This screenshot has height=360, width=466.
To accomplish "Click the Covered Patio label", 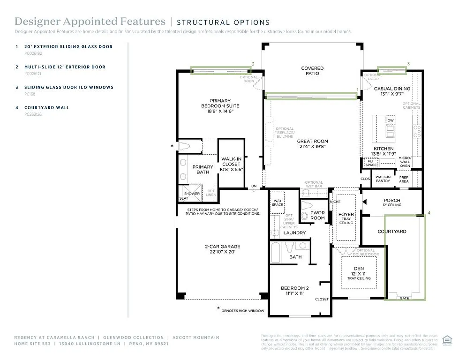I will click(x=312, y=71).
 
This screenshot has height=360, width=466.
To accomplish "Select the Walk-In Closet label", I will click(x=231, y=162).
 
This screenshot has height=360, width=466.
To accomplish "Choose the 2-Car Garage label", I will click(x=222, y=249).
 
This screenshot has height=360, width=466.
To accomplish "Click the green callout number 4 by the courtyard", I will click(x=428, y=213).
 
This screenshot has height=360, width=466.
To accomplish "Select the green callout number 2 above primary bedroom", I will click(x=253, y=64).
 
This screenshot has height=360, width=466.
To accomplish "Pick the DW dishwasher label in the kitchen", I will click(x=390, y=120).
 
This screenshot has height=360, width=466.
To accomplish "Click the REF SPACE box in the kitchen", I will click(x=371, y=163).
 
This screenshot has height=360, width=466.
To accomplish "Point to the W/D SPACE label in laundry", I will click(x=278, y=203).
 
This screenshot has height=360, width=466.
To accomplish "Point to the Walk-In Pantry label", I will click(x=383, y=179).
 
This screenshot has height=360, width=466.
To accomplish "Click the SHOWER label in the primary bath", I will click(x=192, y=194).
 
